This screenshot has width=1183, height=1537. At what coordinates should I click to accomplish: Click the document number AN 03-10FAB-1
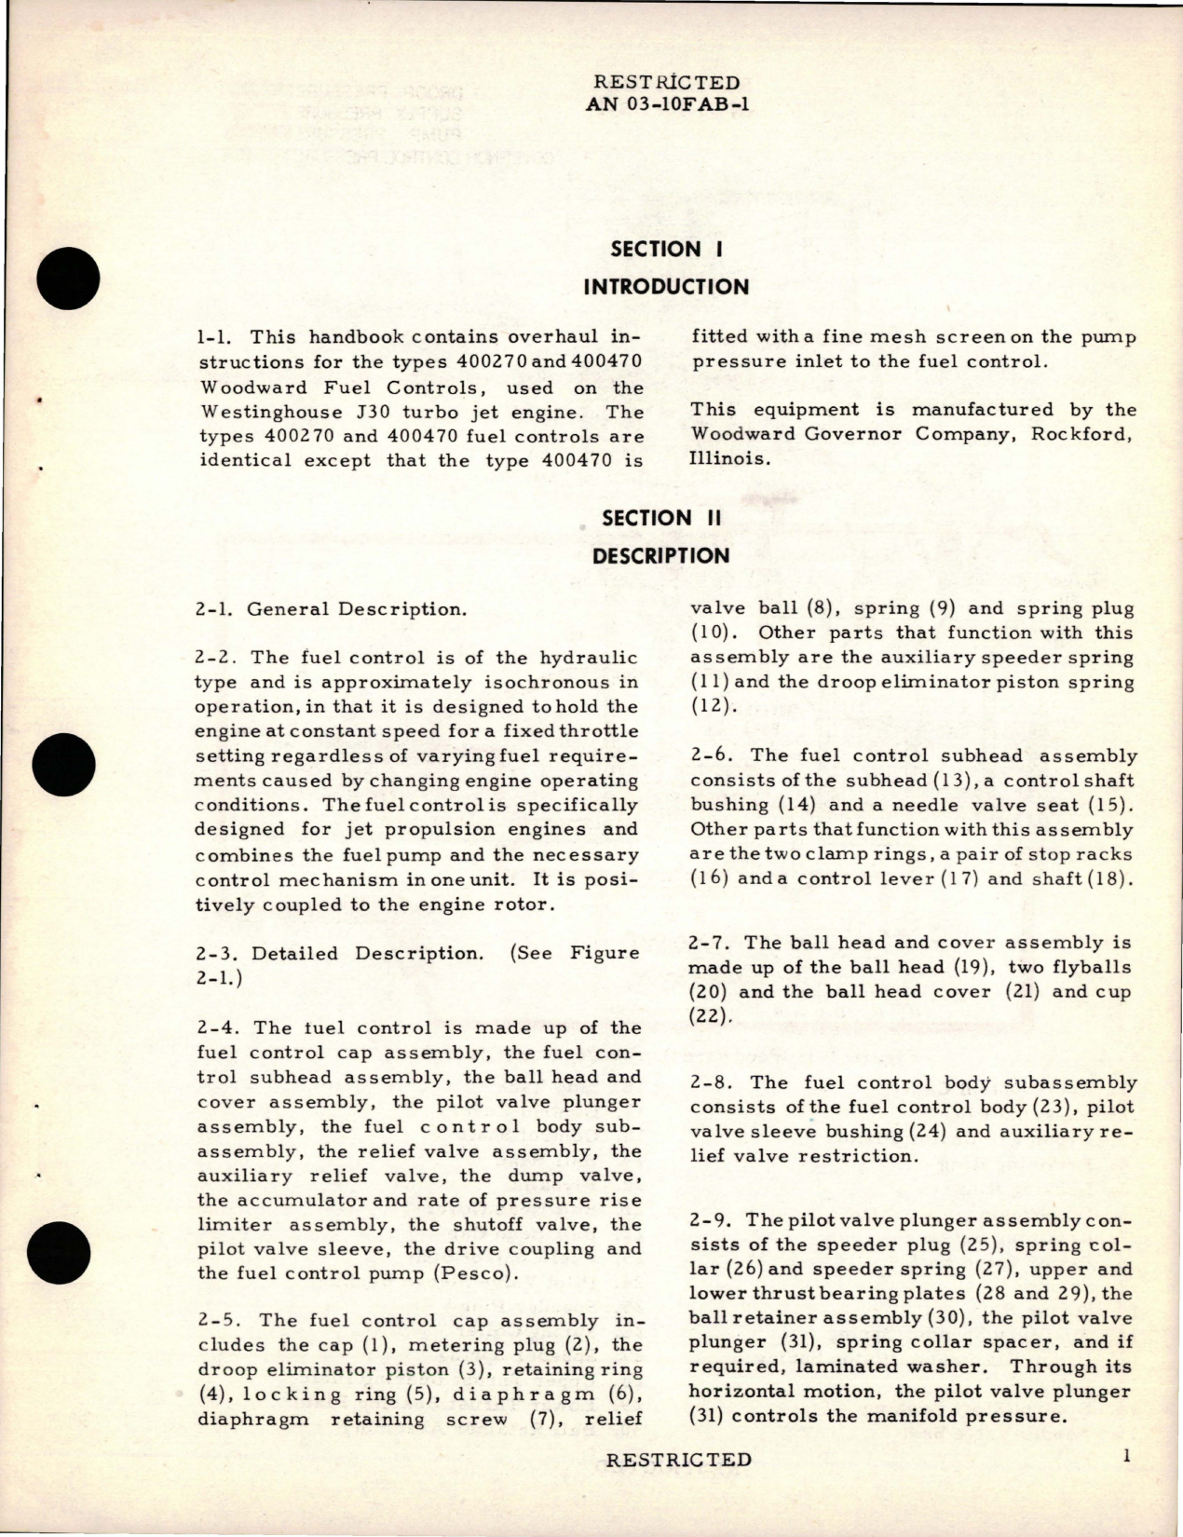[x=666, y=103]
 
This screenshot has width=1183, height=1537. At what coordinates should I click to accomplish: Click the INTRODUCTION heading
[x=665, y=286]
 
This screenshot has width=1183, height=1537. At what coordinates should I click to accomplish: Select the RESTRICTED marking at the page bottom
[x=678, y=1460]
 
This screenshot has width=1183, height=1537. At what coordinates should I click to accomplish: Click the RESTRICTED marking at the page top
[x=666, y=82]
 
